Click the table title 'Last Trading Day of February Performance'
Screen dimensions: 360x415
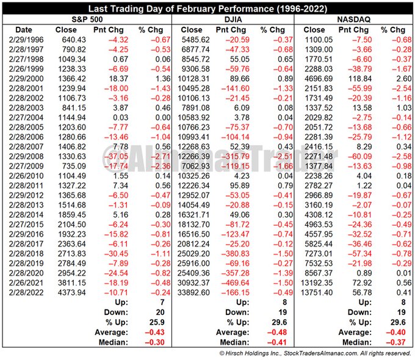point(207,9)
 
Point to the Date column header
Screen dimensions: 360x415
point(24,29)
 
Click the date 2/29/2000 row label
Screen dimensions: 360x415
point(24,78)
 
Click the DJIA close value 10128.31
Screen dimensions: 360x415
point(195,78)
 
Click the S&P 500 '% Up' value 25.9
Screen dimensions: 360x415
point(158,323)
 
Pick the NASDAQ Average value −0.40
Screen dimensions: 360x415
point(397,333)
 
